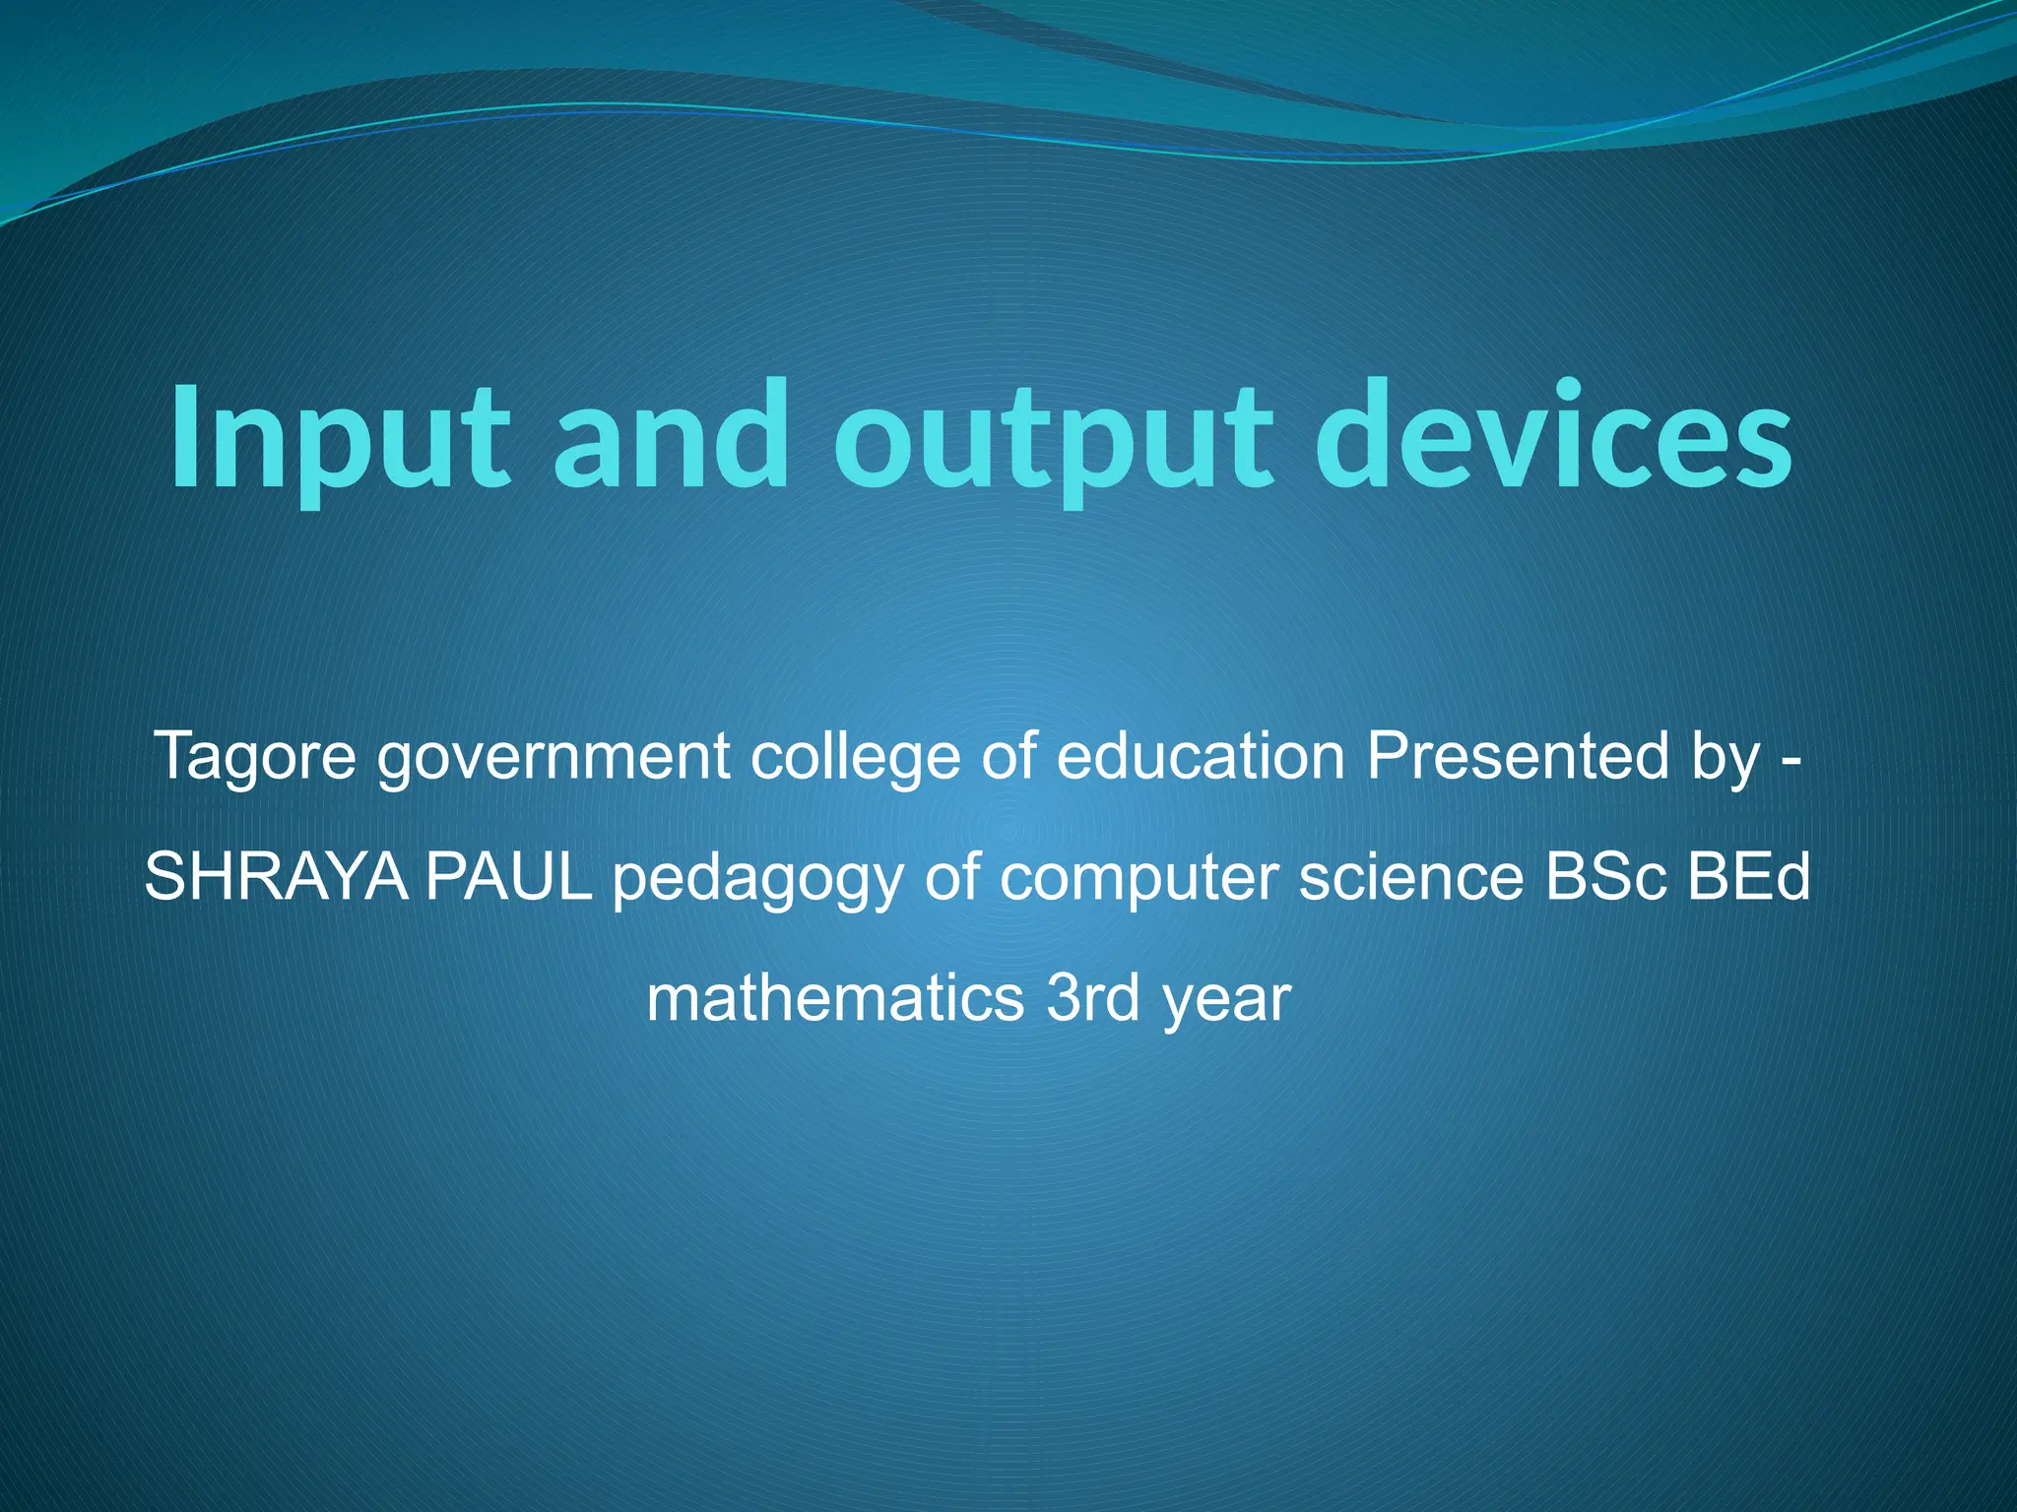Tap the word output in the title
(1049, 438)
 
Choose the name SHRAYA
(277, 877)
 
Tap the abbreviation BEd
(1749, 877)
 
